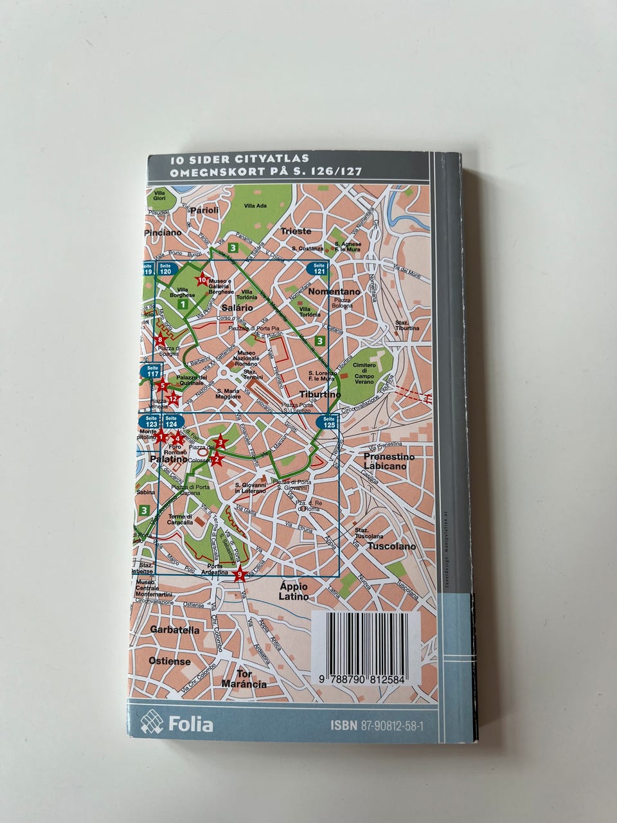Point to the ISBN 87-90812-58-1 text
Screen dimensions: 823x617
point(381,725)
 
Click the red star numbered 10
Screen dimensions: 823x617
point(202,280)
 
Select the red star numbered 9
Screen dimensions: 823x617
point(240,575)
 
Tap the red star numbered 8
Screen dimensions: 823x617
point(161,340)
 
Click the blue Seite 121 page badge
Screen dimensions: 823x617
point(319,269)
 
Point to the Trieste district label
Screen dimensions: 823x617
point(296,231)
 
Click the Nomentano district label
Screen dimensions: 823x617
point(335,291)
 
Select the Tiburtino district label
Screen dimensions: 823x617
point(320,394)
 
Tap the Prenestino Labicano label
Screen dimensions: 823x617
point(389,461)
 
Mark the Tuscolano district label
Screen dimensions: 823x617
point(391,547)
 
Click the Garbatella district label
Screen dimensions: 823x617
point(175,630)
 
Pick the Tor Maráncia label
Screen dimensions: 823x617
point(243,679)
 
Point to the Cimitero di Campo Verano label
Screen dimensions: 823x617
point(364,373)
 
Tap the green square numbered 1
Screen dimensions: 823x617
point(183,303)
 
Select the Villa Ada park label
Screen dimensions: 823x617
point(255,206)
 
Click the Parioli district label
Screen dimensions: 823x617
point(204,210)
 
